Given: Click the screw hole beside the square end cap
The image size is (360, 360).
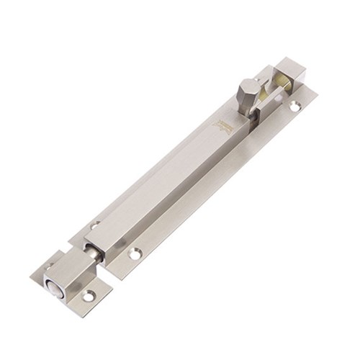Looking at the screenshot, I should [x=294, y=106].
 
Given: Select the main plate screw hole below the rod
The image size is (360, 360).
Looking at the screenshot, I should [x=134, y=253].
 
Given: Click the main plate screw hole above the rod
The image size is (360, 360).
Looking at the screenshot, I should [x=95, y=225].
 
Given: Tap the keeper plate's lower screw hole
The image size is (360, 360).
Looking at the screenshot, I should [x=89, y=296].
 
